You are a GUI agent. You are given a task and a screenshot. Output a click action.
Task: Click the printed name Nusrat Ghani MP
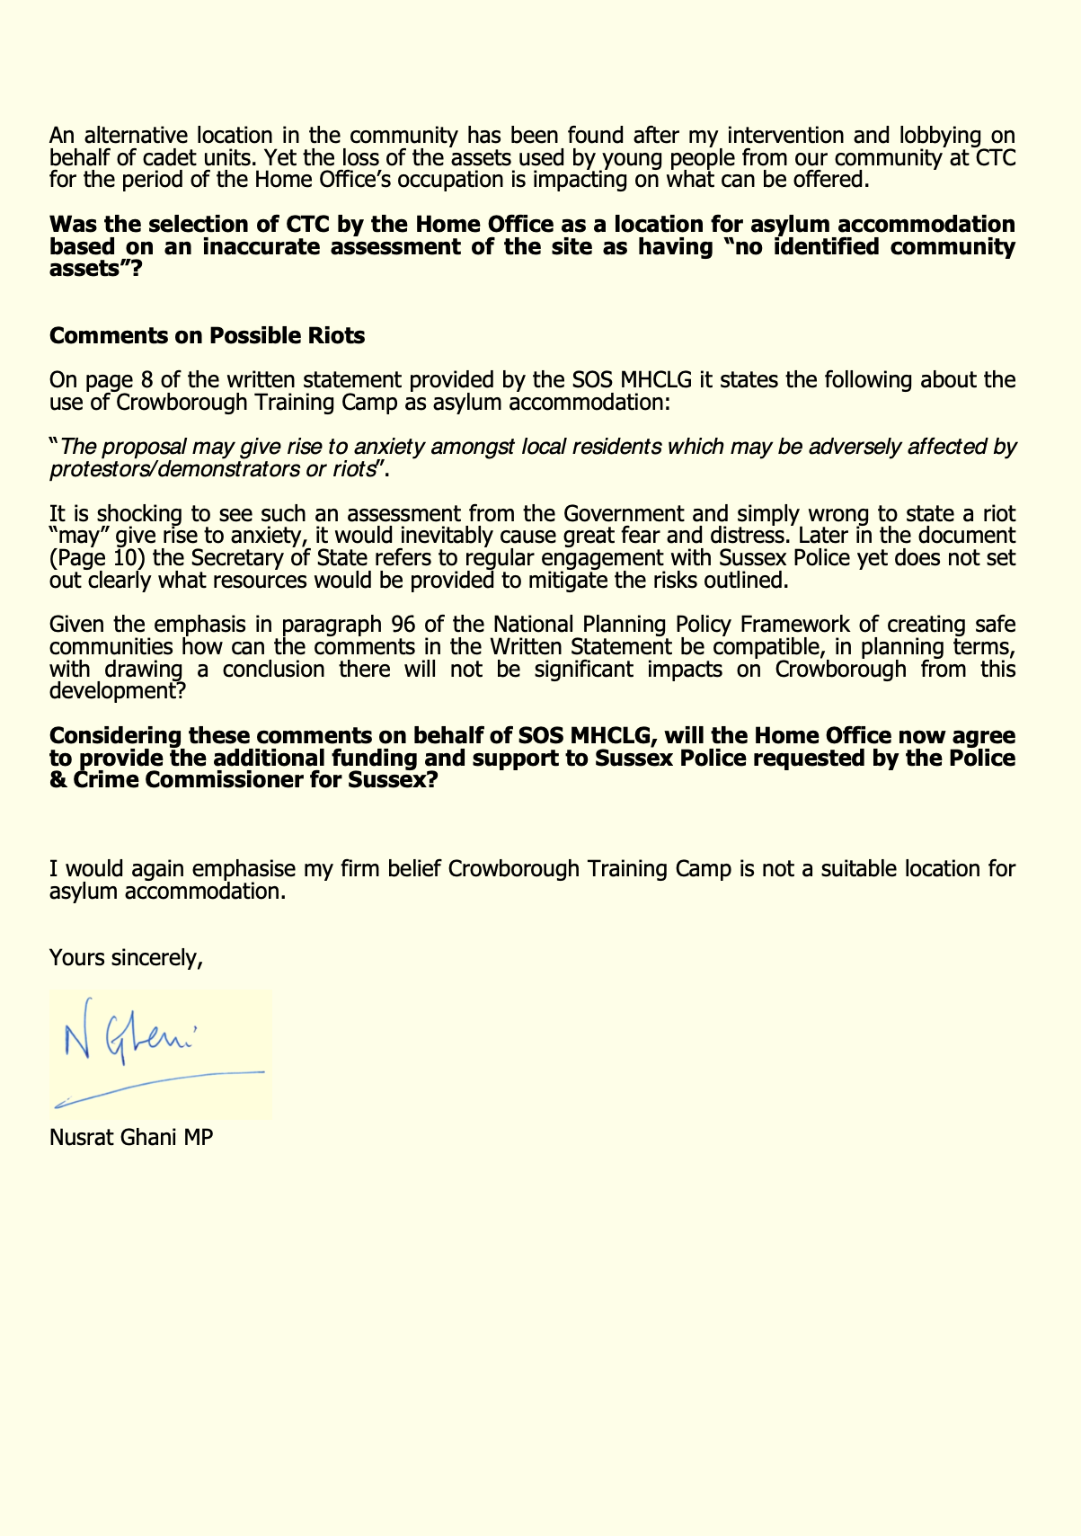pyautogui.click(x=131, y=1137)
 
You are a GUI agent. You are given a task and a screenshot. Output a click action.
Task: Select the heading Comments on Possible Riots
pyautogui.click(x=207, y=336)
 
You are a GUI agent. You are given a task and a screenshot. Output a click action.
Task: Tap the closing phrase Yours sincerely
pyautogui.click(x=126, y=958)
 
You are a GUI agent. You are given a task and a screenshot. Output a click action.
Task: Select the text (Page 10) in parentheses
pyautogui.click(x=99, y=558)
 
